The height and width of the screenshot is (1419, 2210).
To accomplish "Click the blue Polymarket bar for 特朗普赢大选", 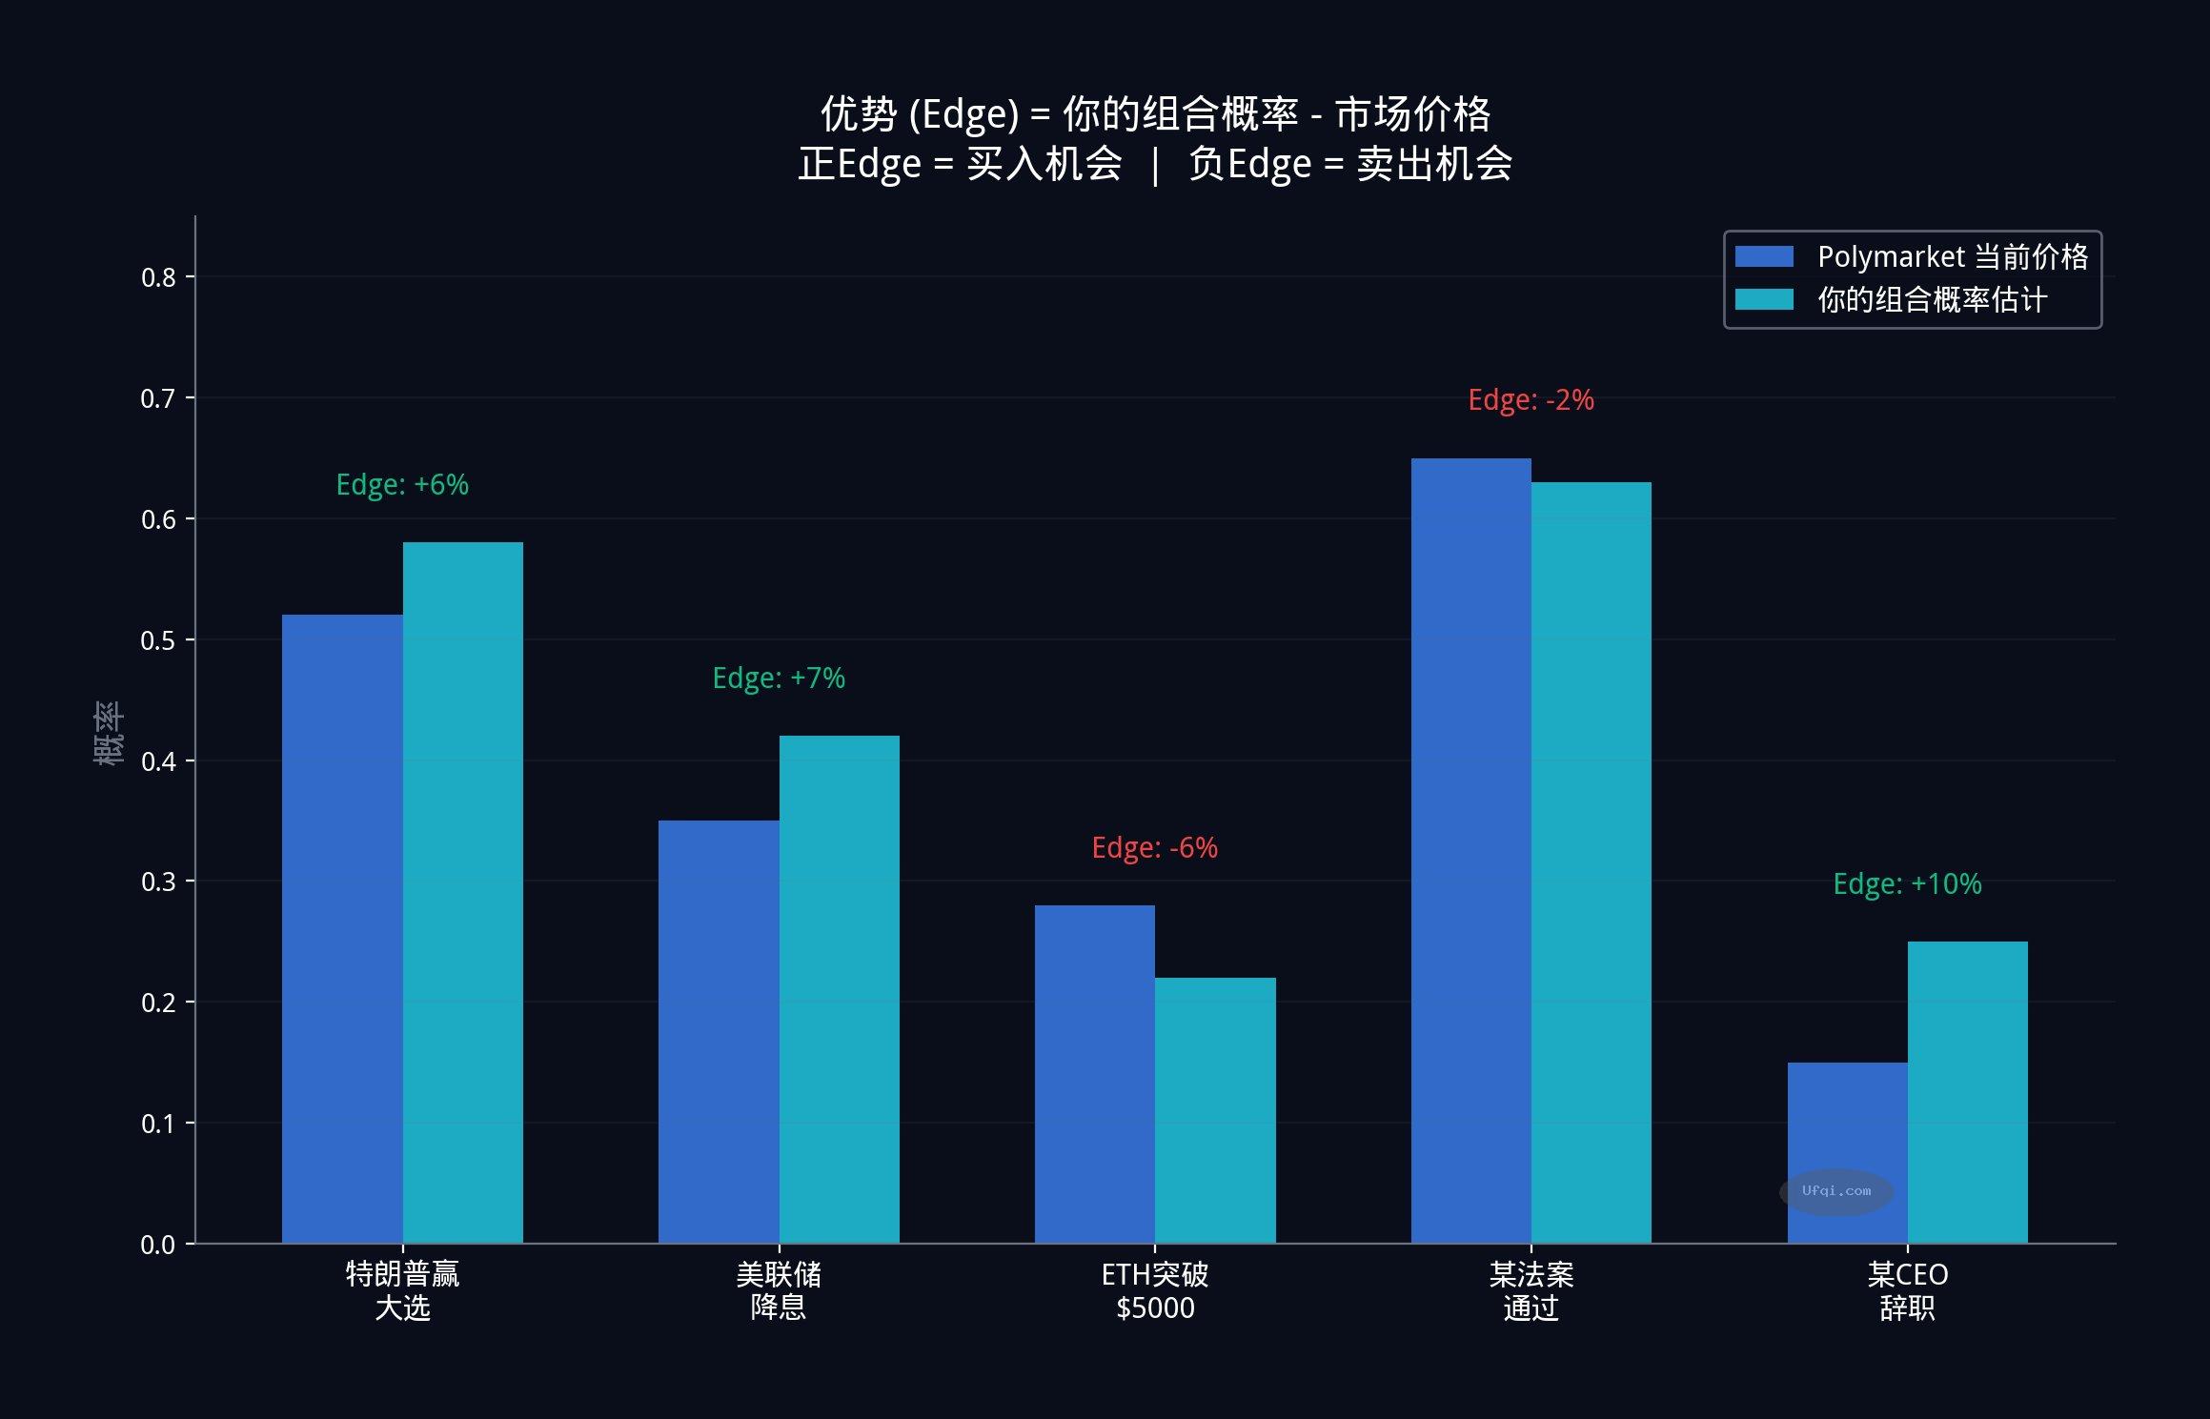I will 342,929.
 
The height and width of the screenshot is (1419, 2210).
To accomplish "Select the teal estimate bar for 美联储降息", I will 839,989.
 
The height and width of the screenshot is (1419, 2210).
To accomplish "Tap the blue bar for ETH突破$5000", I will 1094,1074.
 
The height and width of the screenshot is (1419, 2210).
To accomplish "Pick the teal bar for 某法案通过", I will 1591,862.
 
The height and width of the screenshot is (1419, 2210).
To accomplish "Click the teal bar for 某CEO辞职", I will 1967,1092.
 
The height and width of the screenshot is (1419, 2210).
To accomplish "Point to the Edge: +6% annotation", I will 402,485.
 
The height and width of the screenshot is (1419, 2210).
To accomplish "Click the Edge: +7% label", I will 779,679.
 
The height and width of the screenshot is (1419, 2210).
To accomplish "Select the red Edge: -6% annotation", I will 1154,848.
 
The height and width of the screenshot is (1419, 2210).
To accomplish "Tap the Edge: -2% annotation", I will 1531,400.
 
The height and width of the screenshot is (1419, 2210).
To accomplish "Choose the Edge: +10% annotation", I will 1907,884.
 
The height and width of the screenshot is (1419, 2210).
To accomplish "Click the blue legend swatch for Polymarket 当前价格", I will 1764,257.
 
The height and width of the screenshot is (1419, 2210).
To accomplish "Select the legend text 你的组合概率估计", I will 1932,300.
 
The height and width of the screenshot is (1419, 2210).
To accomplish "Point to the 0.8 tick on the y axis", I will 158,277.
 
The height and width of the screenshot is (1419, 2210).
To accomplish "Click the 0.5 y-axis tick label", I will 158,640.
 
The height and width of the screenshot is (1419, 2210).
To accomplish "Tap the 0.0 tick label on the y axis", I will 158,1245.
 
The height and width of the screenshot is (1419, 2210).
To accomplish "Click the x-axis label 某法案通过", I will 1531,1291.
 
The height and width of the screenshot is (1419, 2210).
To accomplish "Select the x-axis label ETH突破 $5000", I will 1154,1291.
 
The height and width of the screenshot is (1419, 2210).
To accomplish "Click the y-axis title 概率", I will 109,732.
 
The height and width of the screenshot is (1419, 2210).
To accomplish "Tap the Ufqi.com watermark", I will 1835,1191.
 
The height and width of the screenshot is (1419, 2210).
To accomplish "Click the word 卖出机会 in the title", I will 1434,164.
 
